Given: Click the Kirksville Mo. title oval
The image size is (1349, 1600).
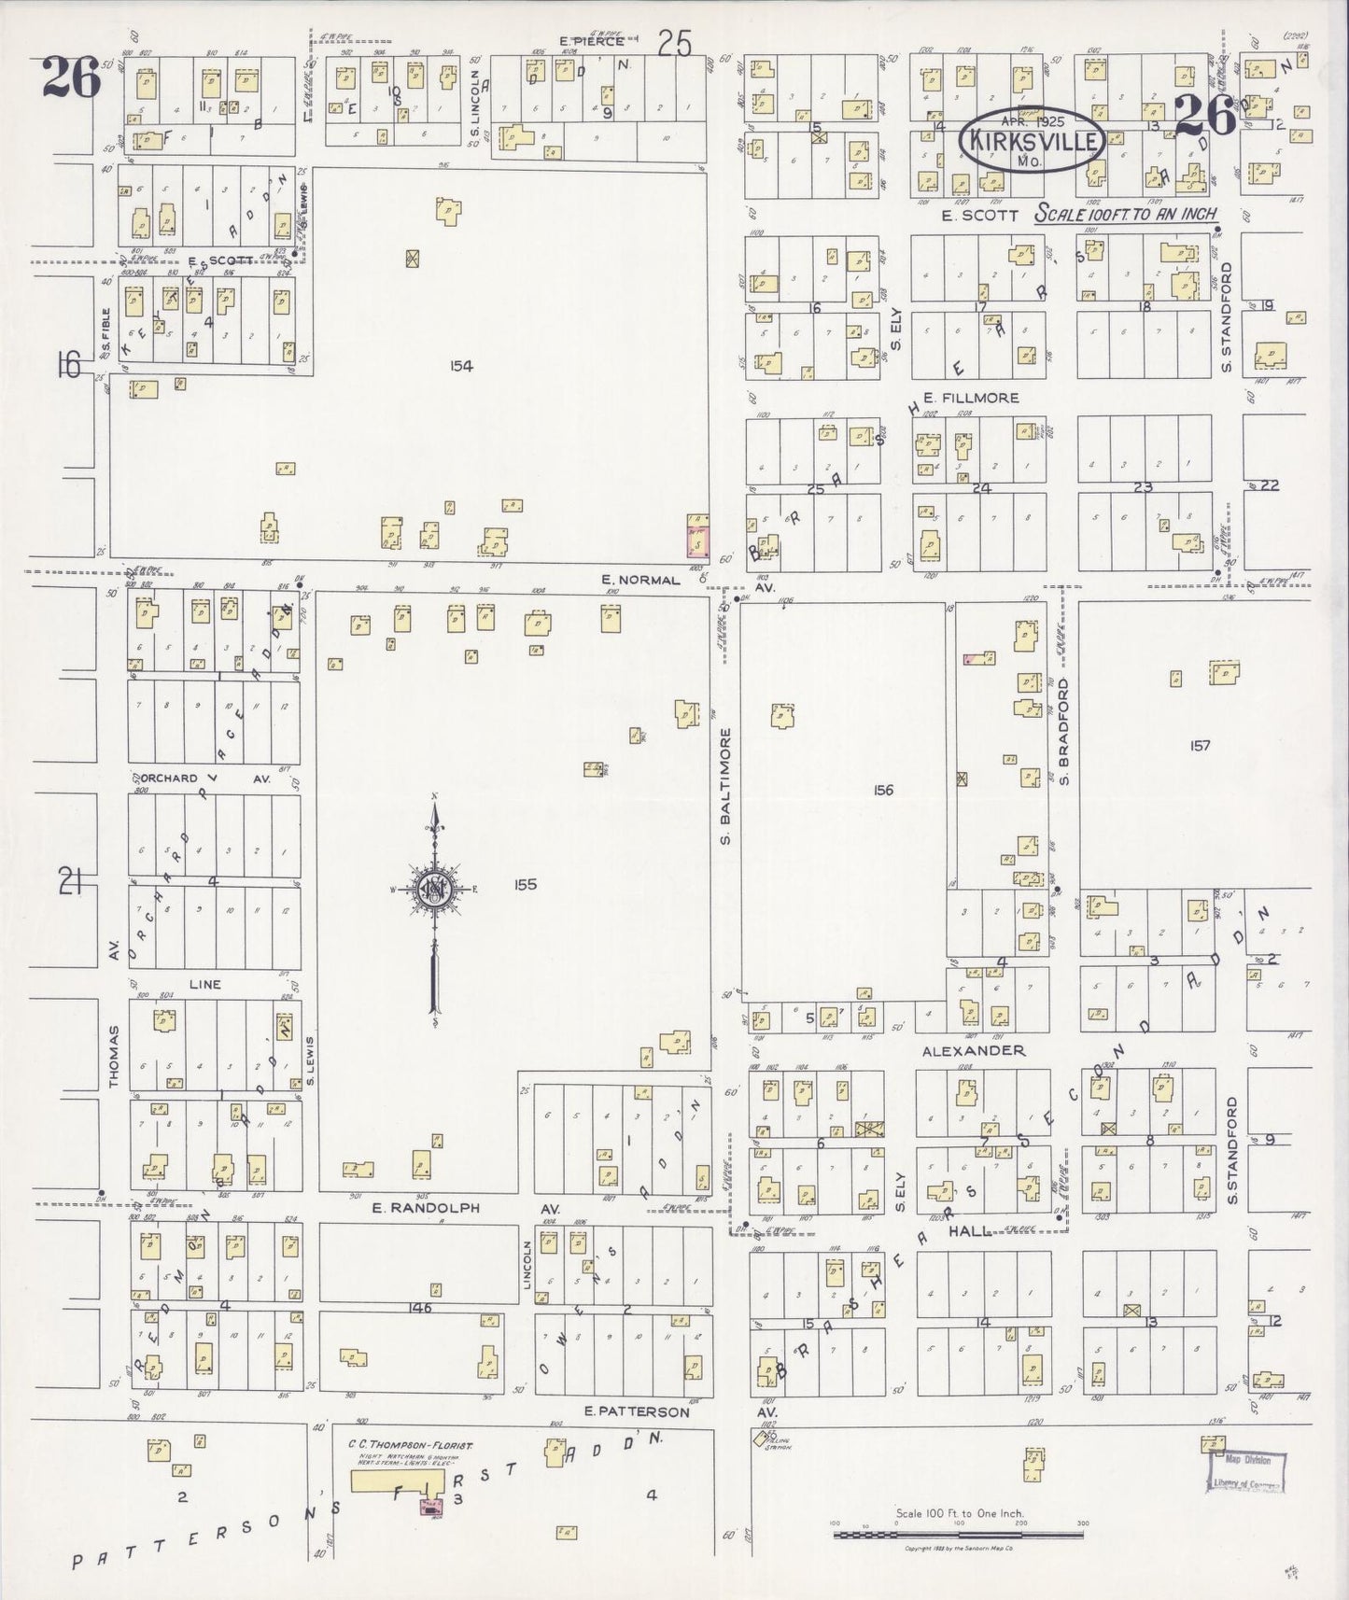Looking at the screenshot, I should (1033, 140).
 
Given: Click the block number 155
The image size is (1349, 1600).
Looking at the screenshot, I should (526, 884).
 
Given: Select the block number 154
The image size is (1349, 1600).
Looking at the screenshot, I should (461, 366).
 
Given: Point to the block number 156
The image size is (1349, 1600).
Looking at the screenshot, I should (883, 790).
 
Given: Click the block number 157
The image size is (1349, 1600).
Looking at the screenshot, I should (1200, 745).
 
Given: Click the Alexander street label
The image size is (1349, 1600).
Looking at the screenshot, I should (973, 1050).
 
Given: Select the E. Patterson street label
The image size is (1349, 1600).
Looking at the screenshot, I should (636, 1411).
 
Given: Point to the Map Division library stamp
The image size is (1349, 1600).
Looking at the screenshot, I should (1245, 1472).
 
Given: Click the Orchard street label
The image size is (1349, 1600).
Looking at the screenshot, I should (171, 778).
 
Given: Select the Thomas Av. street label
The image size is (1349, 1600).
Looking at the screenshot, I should (114, 1057).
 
